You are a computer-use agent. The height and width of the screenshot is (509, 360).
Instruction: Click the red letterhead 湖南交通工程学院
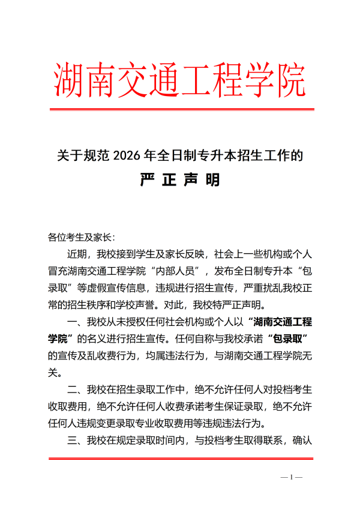180,80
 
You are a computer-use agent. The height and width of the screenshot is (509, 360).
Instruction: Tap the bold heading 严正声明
180,180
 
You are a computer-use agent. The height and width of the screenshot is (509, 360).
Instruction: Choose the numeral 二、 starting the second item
77,388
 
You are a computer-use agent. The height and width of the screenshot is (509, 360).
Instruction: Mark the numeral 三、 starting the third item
77,441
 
